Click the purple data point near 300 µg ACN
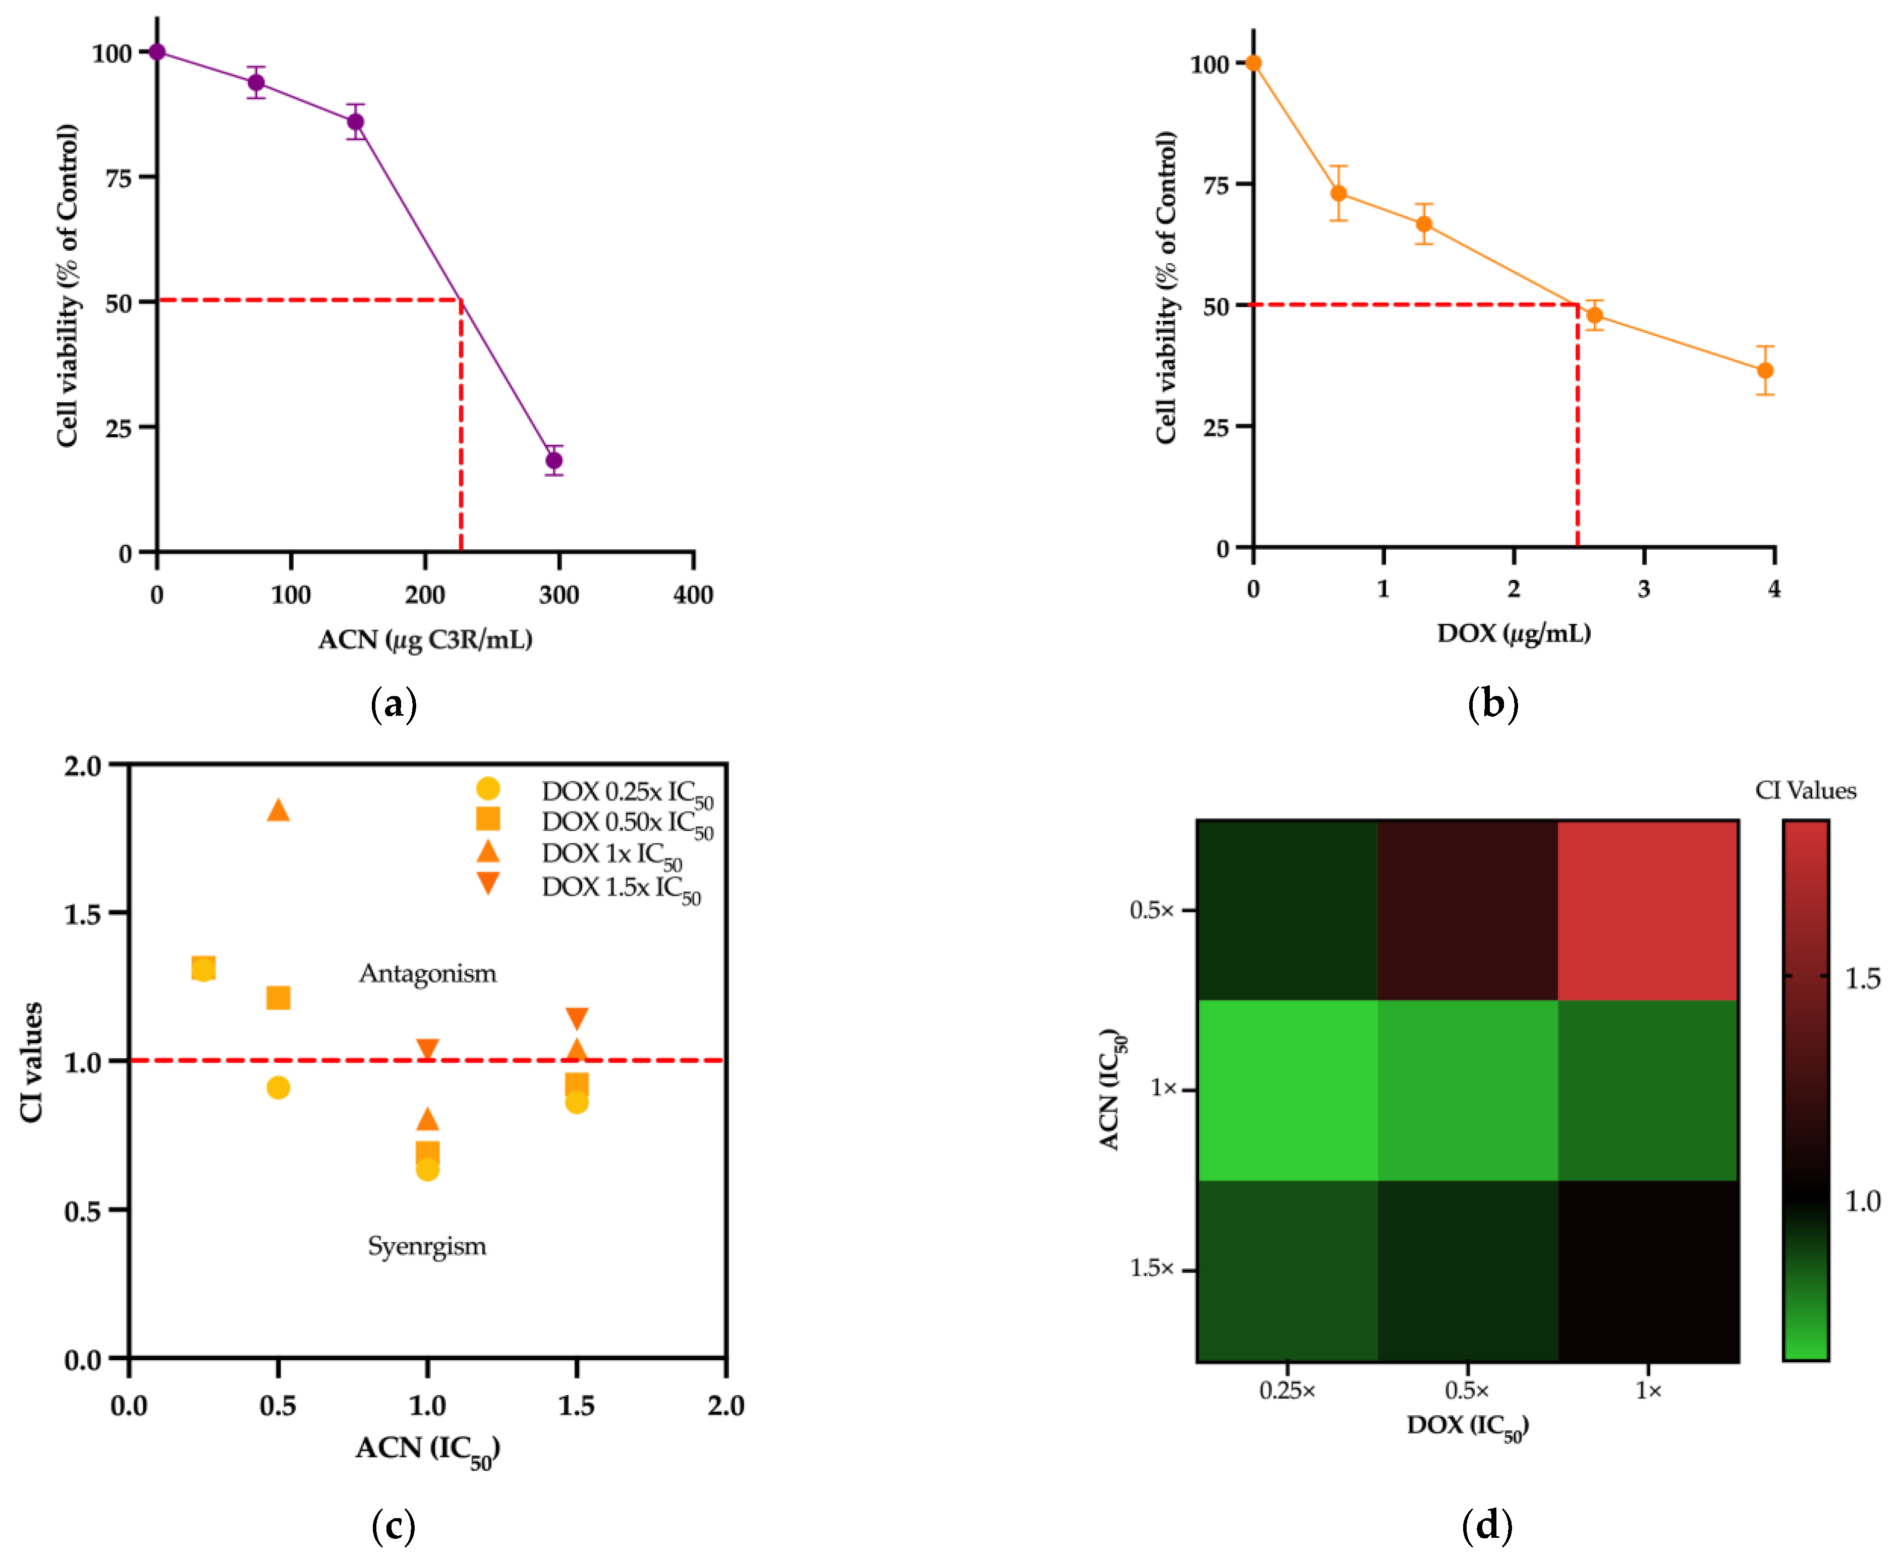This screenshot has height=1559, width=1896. tap(554, 460)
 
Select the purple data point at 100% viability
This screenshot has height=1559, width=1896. tap(157, 52)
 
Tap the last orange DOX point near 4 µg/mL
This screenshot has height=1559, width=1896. tap(1765, 370)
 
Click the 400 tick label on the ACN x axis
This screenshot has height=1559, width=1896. tap(693, 595)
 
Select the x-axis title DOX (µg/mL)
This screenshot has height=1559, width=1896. tap(1514, 633)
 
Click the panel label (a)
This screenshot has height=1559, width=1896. tap(394, 704)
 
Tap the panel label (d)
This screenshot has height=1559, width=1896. tap(1487, 1525)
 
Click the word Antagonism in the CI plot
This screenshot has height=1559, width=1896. tap(427, 973)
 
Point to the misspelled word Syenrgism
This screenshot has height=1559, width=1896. tap(427, 1246)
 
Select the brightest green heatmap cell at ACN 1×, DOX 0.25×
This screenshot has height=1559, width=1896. tap(1287, 1090)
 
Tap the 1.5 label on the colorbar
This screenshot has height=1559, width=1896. tap(1862, 978)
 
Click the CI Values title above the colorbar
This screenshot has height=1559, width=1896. tap(1805, 790)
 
